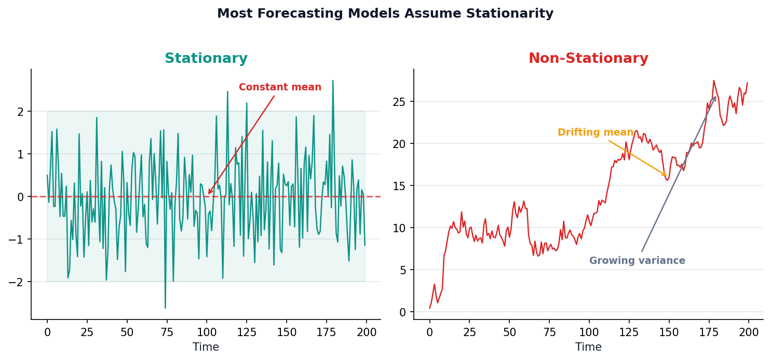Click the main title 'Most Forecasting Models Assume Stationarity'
pos(385,14)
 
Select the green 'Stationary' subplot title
pos(206,59)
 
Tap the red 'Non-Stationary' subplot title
pos(588,59)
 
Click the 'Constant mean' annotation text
pos(280,87)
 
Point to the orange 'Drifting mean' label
pos(596,132)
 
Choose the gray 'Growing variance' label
pos(637,261)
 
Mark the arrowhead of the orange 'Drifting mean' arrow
pos(666,176)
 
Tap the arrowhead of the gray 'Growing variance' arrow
pos(715,97)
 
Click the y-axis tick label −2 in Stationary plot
pos(17,282)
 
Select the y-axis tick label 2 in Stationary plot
pos(21,112)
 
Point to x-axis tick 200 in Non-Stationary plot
pos(749,332)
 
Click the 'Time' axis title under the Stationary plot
pos(206,347)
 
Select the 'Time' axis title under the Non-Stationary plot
pos(588,347)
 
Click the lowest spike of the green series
pos(165,308)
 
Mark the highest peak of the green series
pos(333,81)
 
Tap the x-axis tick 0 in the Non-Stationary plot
pos(429,332)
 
